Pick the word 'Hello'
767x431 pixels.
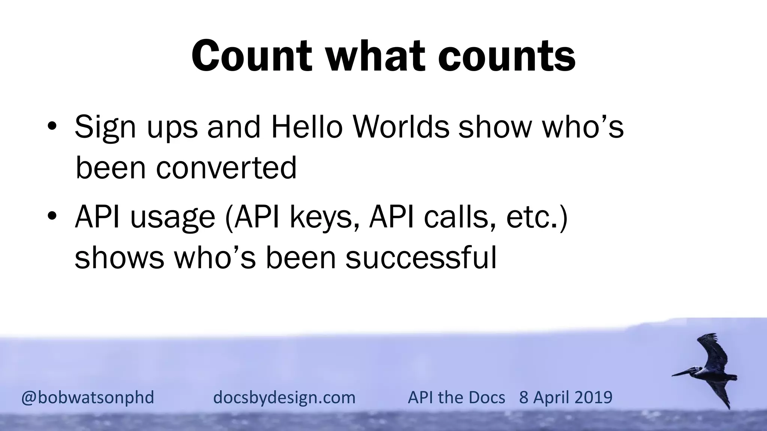(307, 126)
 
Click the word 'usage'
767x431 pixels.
(172, 218)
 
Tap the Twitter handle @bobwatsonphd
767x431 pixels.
(88, 397)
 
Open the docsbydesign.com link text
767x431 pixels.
(284, 397)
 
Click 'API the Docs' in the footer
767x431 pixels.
(456, 397)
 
